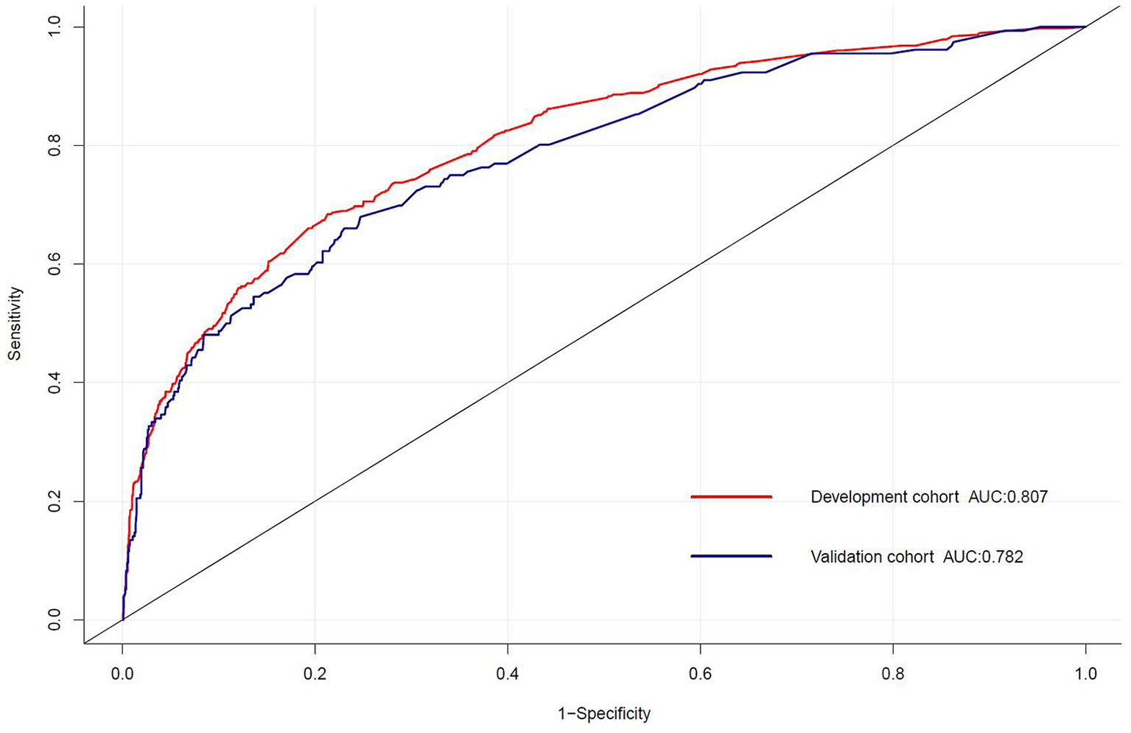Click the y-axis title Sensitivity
click(15, 323)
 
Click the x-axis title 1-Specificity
click(604, 714)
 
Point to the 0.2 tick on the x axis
click(315, 673)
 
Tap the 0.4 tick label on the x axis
click(508, 673)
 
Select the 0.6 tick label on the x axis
click(700, 673)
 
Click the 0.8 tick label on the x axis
click(892, 673)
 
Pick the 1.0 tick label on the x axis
click(1085, 673)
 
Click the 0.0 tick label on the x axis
click(122, 673)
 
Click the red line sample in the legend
click(731, 497)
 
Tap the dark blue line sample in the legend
click(731, 556)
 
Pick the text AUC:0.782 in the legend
click(984, 557)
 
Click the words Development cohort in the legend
click(885, 497)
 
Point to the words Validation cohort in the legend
click(872, 557)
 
